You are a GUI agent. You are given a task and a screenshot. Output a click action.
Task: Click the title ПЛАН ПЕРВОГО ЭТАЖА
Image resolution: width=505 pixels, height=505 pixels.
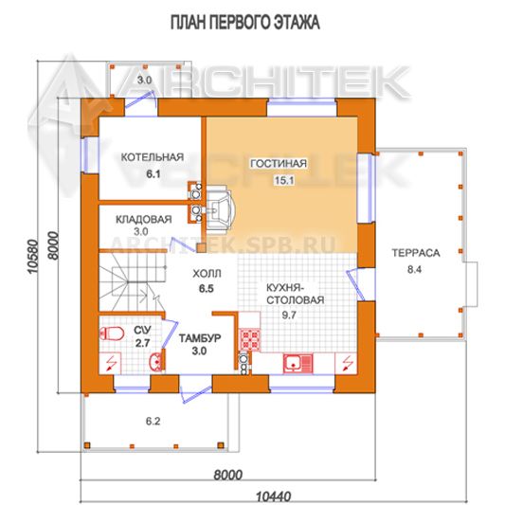tap(244, 23)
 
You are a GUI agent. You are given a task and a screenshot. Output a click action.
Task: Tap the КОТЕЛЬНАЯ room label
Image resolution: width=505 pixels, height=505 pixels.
tap(153, 157)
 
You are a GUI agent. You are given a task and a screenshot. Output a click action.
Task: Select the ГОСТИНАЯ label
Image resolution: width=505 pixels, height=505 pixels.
tap(279, 164)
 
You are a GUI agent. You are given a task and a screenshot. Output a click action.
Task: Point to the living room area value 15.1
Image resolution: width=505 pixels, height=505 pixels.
tap(284, 180)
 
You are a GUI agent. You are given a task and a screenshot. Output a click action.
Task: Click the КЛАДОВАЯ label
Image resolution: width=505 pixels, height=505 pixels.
tap(144, 220)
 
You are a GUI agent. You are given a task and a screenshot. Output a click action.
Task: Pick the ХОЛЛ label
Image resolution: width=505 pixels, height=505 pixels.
tap(207, 274)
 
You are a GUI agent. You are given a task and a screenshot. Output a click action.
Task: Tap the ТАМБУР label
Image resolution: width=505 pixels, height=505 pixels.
tap(200, 338)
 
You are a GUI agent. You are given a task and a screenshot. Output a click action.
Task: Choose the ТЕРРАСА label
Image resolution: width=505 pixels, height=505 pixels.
tap(416, 253)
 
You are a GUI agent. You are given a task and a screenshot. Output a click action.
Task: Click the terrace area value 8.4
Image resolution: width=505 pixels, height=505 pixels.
tap(414, 269)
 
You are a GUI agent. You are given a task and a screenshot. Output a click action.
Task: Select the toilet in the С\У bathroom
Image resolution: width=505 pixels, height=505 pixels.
tap(112, 334)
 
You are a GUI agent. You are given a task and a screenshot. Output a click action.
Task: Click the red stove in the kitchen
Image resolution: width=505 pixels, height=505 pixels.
tap(249, 340)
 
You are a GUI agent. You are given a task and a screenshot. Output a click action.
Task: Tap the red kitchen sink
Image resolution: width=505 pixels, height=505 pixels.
tap(298, 364)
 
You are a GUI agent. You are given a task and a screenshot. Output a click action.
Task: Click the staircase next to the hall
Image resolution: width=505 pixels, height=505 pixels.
tap(132, 282)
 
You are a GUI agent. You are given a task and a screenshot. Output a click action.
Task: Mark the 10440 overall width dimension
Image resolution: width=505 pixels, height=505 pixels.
tap(274, 496)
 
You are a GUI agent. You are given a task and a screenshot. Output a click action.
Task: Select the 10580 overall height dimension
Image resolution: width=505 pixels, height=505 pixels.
tap(33, 257)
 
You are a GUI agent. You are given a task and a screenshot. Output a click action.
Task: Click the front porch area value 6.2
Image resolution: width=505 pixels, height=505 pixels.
tap(153, 421)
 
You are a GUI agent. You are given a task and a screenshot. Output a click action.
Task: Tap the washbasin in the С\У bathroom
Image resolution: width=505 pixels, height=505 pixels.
tap(156, 362)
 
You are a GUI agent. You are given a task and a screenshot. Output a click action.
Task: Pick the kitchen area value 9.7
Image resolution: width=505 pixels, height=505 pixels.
tap(289, 315)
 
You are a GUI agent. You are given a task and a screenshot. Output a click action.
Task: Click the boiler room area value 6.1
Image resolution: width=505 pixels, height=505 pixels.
tap(153, 174)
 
